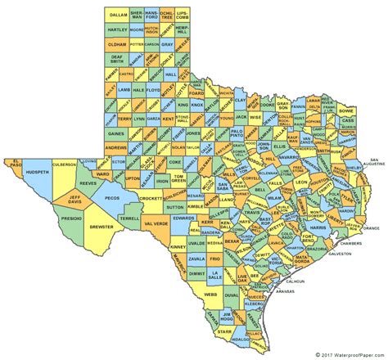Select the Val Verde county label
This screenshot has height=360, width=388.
coord(156,223)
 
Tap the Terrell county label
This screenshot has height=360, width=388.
coord(130,220)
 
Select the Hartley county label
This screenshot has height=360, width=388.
coord(118,29)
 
